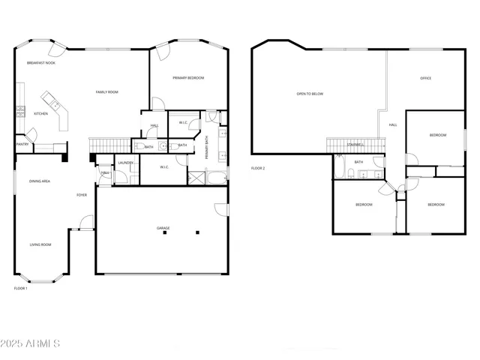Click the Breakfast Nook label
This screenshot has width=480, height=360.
click(41, 63)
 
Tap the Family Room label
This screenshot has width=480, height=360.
click(106, 92)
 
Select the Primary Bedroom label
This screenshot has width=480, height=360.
click(188, 78)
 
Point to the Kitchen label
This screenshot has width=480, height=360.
click(41, 114)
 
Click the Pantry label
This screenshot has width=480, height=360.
click(22, 145)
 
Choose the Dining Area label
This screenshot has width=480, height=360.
click(40, 181)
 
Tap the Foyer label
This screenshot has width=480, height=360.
click(81, 195)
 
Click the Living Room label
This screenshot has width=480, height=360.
click(40, 244)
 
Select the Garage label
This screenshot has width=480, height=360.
click(163, 228)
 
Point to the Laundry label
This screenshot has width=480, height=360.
click(125, 163)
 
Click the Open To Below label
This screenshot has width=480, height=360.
click(310, 94)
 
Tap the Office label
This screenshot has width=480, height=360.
click(425, 78)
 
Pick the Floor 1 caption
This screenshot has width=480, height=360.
click(21, 288)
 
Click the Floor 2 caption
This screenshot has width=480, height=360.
click(258, 168)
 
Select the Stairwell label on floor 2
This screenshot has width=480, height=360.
click(355, 145)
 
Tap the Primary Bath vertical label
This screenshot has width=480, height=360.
click(207, 146)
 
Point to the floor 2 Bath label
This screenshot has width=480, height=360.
click(358, 162)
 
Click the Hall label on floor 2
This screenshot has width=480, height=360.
click(392, 125)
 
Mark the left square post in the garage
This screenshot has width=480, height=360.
click(164, 232)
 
